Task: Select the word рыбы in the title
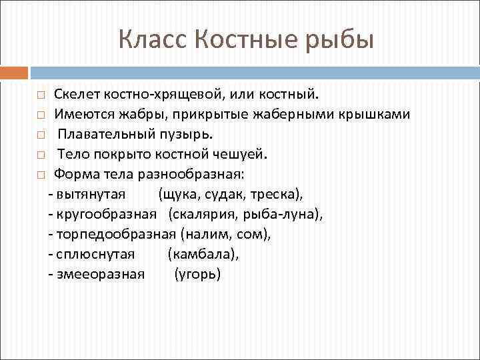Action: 338,41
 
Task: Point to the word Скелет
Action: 76,95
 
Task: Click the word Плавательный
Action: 106,135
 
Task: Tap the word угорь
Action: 197,275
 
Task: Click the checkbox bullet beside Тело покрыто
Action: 41,155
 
